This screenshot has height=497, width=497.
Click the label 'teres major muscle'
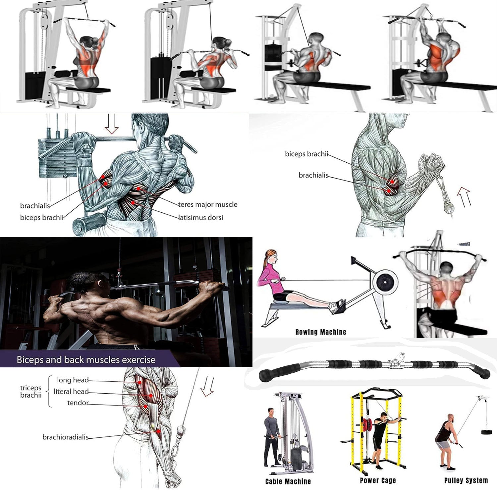(x=208, y=204)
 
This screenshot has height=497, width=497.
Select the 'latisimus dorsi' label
(x=201, y=218)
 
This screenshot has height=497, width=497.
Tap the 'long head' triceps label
(x=73, y=380)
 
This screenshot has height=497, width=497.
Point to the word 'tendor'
(x=78, y=403)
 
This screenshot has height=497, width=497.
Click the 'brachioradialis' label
(x=65, y=437)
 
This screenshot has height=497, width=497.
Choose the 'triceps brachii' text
(x=31, y=391)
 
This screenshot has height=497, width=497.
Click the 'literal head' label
(x=71, y=392)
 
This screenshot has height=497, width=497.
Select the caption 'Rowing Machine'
(x=320, y=332)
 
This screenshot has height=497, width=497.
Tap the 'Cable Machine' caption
(x=288, y=481)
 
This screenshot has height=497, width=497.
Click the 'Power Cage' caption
(x=378, y=480)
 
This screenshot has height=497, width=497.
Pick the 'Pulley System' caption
(x=466, y=480)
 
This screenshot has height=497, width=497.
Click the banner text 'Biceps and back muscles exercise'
(x=86, y=360)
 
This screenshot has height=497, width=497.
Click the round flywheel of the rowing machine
(x=385, y=283)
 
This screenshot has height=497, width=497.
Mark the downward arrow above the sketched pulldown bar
(x=111, y=124)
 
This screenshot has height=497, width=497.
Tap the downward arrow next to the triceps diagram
(x=207, y=386)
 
